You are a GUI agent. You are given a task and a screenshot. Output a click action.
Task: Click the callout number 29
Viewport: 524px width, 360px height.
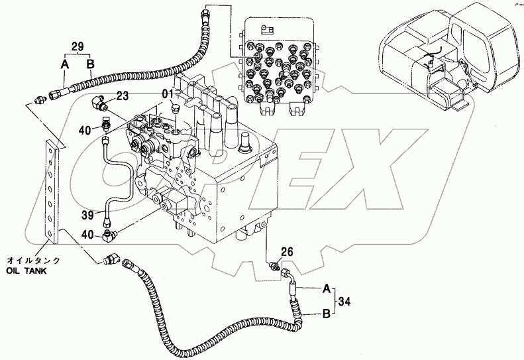click(78, 46)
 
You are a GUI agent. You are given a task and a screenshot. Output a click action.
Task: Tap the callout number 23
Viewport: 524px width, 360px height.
click(123, 96)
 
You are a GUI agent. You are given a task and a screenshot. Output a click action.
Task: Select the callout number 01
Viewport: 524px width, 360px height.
click(169, 93)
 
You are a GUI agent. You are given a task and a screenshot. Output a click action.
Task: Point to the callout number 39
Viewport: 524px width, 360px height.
click(88, 215)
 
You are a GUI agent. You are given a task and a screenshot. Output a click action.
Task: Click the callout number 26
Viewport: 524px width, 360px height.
click(287, 251)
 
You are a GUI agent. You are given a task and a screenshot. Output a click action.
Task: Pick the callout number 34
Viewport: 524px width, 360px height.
click(344, 302)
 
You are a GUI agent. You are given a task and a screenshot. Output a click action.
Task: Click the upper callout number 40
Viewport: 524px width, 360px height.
click(85, 130)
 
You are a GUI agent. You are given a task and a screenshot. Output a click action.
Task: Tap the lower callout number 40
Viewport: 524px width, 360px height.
click(88, 235)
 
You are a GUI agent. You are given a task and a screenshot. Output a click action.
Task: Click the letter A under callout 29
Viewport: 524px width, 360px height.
click(64, 64)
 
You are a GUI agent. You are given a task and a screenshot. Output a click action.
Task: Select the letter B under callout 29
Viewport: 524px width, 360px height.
click(91, 64)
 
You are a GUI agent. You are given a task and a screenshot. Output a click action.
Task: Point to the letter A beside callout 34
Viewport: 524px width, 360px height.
click(327, 288)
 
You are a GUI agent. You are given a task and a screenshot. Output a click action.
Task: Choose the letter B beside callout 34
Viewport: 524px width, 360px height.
click(327, 314)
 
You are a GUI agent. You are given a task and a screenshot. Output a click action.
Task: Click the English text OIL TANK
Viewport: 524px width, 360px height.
click(26, 270)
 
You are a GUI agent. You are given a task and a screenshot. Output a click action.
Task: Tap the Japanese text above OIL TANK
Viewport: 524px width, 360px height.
click(33, 261)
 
